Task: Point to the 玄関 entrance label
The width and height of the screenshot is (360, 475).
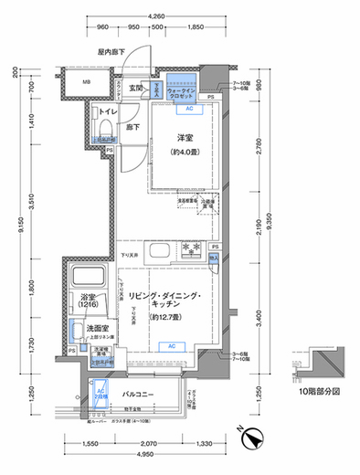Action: [137, 88]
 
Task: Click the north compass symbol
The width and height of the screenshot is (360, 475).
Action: [247, 439]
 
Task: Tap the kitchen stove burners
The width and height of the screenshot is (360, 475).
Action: [193, 248]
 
